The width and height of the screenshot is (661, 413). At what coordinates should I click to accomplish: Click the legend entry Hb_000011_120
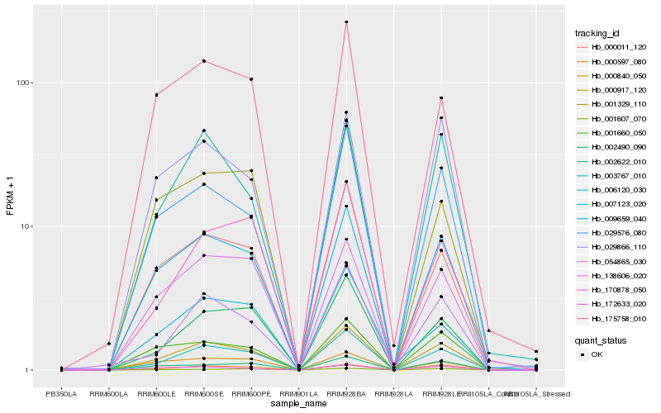tap(611, 47)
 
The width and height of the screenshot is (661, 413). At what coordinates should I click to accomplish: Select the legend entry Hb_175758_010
tap(611, 318)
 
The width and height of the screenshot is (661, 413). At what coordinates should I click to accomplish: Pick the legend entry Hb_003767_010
tap(611, 175)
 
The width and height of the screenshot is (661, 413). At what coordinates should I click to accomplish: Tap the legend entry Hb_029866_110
tap(611, 247)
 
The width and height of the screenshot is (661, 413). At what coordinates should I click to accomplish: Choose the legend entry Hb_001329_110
tap(611, 104)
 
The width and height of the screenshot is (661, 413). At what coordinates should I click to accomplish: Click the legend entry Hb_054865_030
tap(611, 261)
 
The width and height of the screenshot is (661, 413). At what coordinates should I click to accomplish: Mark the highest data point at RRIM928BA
tap(346, 21)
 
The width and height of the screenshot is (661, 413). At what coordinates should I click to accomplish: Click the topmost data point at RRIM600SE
tap(203, 61)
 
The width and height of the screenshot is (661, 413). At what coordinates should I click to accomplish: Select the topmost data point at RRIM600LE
tap(156, 95)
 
